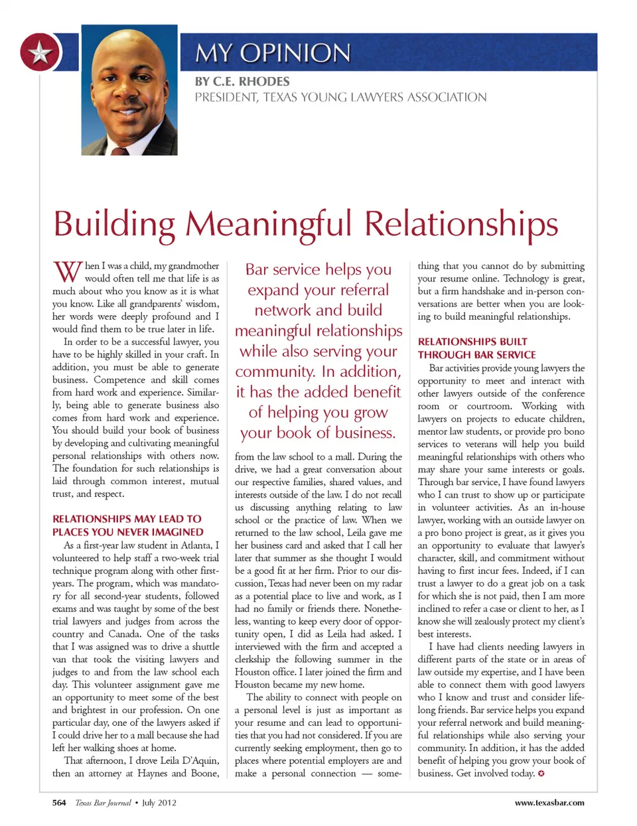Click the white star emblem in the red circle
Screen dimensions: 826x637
[x=40, y=52]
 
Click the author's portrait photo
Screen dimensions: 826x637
[x=129, y=90]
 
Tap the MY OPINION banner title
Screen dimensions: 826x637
[x=273, y=53]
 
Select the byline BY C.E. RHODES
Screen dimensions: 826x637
[x=242, y=82]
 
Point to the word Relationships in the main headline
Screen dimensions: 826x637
[x=461, y=224]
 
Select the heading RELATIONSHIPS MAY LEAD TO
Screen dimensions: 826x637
[x=127, y=519]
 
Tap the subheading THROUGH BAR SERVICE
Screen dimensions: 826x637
[x=476, y=354]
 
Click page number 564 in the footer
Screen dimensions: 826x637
[x=59, y=803]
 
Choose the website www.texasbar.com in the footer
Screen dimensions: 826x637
[x=549, y=803]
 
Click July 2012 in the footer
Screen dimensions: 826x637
[x=159, y=803]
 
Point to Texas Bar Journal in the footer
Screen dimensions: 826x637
[x=103, y=803]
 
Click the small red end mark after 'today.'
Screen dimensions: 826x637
[x=541, y=774]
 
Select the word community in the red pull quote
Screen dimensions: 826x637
[x=276, y=372]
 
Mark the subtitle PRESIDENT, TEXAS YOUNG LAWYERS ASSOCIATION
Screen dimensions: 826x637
[x=340, y=98]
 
